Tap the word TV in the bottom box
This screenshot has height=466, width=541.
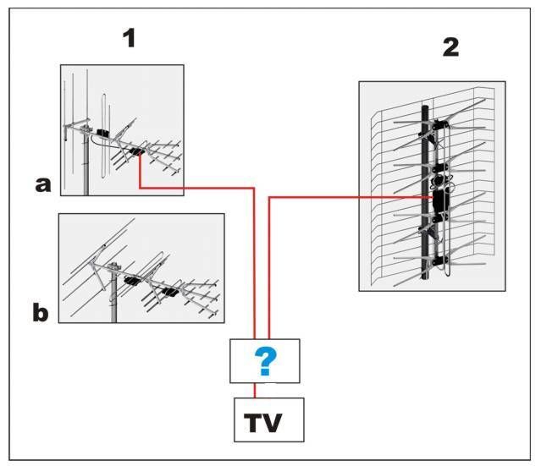(x=268, y=420)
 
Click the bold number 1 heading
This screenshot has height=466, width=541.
(x=130, y=38)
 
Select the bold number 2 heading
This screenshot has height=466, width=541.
(x=450, y=47)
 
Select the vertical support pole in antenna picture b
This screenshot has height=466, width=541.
(x=113, y=300)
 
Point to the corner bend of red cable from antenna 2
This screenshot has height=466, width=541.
(x=269, y=198)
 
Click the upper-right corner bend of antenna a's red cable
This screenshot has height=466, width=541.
(x=255, y=187)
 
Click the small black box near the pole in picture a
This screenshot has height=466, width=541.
(x=102, y=133)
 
